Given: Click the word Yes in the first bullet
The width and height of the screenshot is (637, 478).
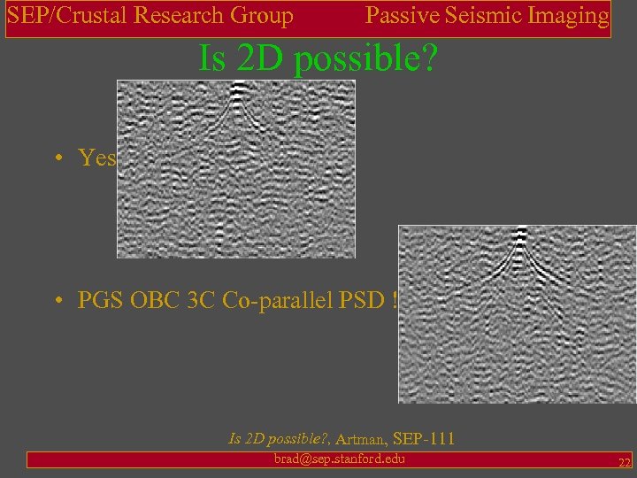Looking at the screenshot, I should [97, 158].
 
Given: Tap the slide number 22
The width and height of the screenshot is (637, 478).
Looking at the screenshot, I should [624, 463].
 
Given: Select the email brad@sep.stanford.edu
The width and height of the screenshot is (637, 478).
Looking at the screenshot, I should [340, 459].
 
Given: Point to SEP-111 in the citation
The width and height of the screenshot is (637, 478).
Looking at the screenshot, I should [424, 437].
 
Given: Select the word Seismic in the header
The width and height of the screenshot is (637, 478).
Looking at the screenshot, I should [485, 16].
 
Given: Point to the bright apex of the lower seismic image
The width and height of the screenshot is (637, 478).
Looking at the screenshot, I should [520, 235].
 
